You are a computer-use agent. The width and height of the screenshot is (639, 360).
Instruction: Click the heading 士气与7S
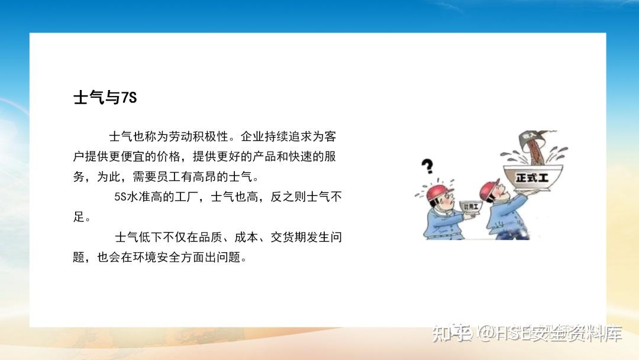[105, 98]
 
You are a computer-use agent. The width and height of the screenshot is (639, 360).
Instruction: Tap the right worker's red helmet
[489, 189]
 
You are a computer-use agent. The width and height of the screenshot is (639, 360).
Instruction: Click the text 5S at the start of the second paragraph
[121, 198]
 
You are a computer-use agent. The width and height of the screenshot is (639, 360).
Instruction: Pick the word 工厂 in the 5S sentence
[189, 198]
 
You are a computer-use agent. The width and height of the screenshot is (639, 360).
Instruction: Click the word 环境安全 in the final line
[162, 258]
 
